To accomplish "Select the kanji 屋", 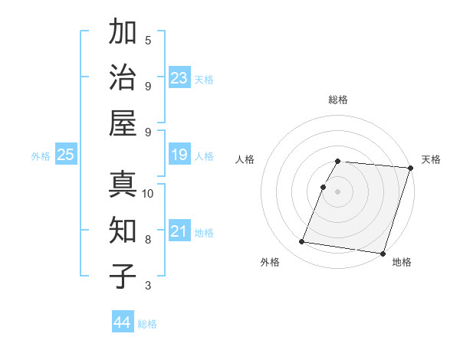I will click(x=123, y=123).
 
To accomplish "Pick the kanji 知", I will click(x=123, y=230).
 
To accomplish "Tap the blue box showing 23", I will click(x=179, y=77).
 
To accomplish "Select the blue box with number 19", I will click(x=179, y=155).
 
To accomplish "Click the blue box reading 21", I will click(x=179, y=231).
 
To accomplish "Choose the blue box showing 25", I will click(x=65, y=155).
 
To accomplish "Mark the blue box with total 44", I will click(x=123, y=322).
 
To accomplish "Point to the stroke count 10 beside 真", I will click(x=148, y=194).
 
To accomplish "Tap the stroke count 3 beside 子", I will click(x=148, y=286).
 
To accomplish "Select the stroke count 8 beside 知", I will click(x=148, y=240).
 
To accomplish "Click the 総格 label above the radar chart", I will click(x=338, y=100).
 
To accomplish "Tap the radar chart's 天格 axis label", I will click(x=431, y=159).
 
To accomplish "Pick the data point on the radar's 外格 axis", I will click(x=302, y=242).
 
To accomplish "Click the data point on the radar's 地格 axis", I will click(x=382, y=253).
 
